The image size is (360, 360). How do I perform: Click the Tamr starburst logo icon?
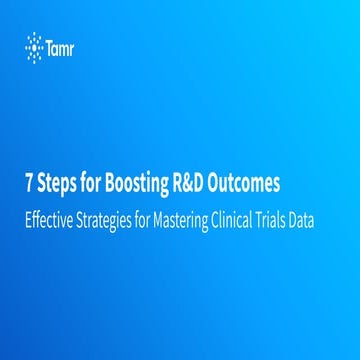tap(32, 45)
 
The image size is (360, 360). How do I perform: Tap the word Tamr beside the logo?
tap(62, 45)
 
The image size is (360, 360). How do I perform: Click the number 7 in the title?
tap(28, 186)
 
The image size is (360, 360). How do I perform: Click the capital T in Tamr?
tap(49, 45)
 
